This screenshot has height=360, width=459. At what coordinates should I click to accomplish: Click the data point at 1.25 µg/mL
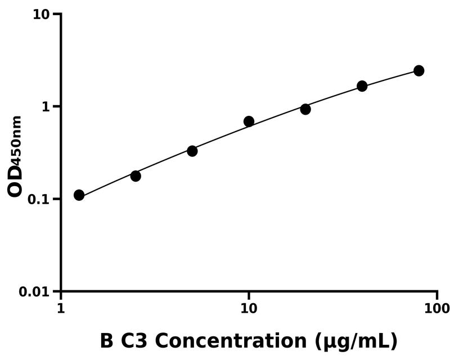[79, 195]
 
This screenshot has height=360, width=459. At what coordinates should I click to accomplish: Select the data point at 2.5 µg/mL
[136, 176]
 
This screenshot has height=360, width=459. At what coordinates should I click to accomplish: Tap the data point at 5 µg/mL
[192, 151]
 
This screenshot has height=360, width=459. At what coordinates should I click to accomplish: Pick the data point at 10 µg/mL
[249, 121]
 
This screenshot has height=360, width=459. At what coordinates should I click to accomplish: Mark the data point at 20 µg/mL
[305, 109]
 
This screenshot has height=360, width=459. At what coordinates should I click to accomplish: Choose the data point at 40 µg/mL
[362, 86]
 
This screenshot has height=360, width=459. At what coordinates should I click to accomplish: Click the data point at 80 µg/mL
[418, 71]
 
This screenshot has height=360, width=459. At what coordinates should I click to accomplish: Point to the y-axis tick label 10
[40, 14]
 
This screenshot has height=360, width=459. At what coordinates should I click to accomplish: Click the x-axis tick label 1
[61, 308]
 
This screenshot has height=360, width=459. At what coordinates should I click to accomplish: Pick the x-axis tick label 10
[249, 308]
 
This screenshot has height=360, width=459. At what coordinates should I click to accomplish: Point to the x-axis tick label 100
[437, 308]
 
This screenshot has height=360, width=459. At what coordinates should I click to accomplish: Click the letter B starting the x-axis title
[106, 341]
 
